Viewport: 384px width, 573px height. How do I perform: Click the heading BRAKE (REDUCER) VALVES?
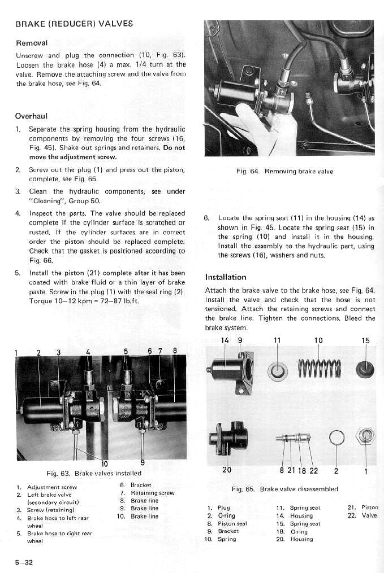pyautogui.click(x=74, y=24)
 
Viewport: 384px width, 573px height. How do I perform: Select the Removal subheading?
pyautogui.click(x=32, y=43)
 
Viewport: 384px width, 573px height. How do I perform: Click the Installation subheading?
pyautogui.click(x=226, y=277)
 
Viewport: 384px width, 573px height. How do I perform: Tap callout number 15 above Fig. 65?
pyautogui.click(x=365, y=340)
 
